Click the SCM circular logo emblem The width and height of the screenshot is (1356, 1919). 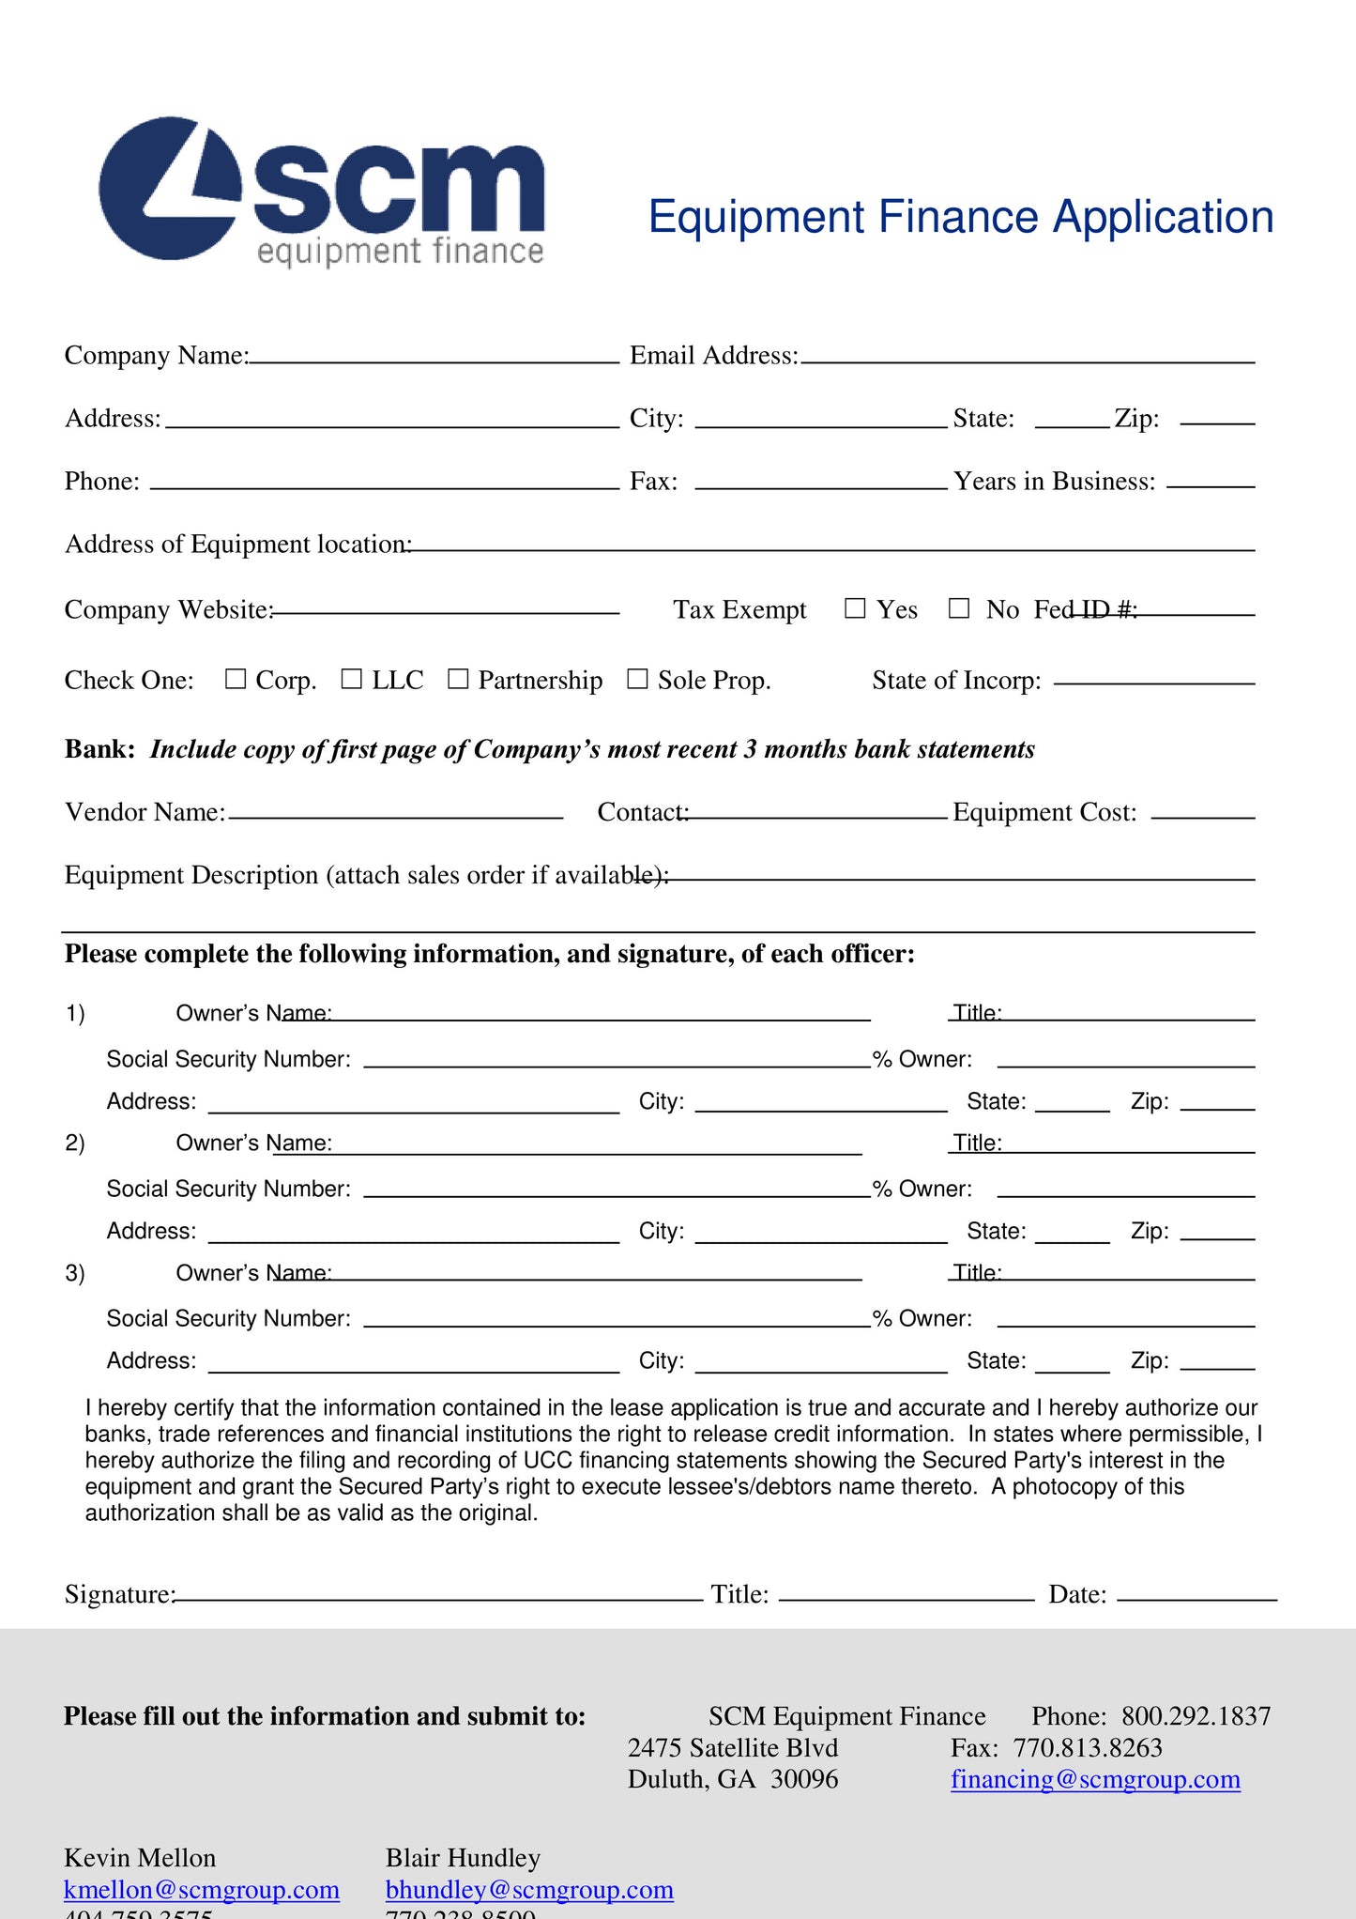(x=170, y=189)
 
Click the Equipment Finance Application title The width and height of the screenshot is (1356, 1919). (x=960, y=217)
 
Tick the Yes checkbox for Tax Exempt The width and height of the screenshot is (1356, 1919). (x=854, y=608)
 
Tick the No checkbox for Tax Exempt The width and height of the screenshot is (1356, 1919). (x=958, y=608)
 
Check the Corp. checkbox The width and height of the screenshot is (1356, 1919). (x=236, y=679)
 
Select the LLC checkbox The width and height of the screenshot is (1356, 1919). (x=352, y=679)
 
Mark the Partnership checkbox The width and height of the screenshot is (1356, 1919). (x=458, y=679)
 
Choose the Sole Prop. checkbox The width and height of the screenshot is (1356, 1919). (x=637, y=679)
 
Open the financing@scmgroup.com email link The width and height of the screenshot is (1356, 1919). (x=1095, y=1779)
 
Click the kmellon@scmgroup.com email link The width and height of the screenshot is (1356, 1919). (x=202, y=1890)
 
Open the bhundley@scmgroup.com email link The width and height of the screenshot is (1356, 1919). (x=529, y=1890)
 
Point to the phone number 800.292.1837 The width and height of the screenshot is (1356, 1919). (x=1196, y=1716)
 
